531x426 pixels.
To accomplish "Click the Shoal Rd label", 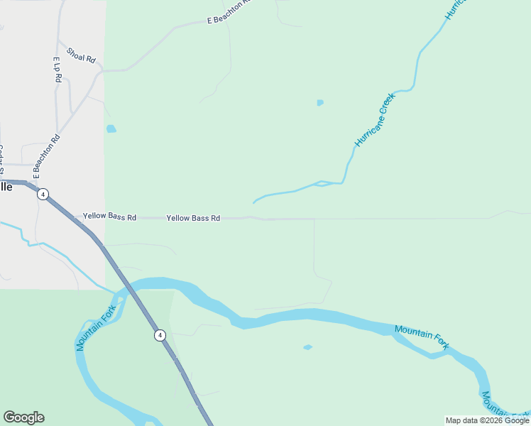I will (81, 55).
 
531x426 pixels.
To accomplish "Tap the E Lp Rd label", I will (58, 70).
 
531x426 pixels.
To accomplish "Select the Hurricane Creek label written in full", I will (374, 120).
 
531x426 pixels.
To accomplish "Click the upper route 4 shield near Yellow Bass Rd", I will (43, 194).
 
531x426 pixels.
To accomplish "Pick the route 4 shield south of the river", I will (160, 334).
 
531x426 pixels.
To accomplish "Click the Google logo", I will (23, 417).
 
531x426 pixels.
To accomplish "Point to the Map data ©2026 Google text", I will (488, 420).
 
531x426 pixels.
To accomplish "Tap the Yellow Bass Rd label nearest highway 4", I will (109, 217).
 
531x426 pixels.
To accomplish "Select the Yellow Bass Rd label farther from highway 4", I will (193, 218).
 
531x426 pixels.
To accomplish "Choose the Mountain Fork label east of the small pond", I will (422, 337).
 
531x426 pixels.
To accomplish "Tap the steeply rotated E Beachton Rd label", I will (46, 155).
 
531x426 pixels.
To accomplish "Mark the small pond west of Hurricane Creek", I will (320, 103).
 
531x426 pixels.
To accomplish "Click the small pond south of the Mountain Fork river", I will (307, 347).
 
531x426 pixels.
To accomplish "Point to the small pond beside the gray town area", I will (111, 129).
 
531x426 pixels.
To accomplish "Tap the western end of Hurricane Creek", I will (254, 202).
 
